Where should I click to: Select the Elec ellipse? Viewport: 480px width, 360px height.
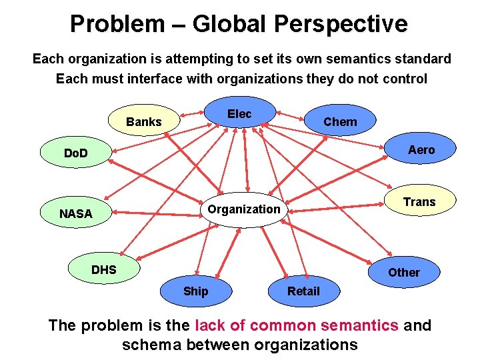[x=239, y=113]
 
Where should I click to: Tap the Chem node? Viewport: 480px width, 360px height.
[x=340, y=121]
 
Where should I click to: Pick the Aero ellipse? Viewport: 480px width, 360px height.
[x=421, y=150]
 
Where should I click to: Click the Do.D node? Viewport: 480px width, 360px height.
[x=75, y=154]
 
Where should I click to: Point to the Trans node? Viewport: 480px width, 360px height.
[x=419, y=202]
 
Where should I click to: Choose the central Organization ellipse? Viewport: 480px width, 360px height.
[x=244, y=209]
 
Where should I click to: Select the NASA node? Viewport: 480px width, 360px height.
[x=75, y=214]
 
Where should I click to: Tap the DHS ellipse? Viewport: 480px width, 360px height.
[x=103, y=270]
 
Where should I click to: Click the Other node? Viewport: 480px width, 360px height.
[x=404, y=272]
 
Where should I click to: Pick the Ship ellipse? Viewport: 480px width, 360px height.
[x=195, y=291]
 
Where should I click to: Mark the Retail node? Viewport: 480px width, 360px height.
[x=303, y=291]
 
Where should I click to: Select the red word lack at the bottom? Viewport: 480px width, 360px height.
[x=210, y=325]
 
